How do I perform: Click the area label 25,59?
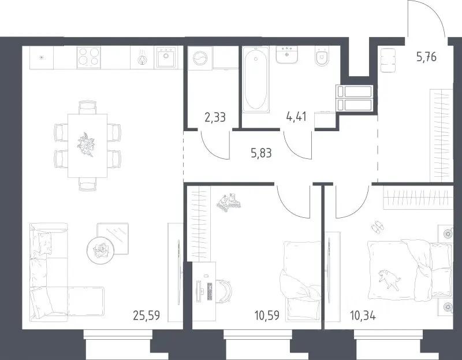pos(147,316)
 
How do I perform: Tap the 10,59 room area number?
pos(267,316)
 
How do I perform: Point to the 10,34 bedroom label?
pos(363,316)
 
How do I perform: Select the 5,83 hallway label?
pos(261,153)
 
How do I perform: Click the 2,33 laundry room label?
pos(215,117)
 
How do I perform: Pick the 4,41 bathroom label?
pos(296,117)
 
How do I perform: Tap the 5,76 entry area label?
pos(426,57)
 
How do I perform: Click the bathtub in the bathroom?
pos(256,80)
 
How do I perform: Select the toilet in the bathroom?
pos(321,56)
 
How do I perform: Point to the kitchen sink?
pos(166,57)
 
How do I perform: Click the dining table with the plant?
pos(88,146)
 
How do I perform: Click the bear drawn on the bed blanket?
pos(389,277)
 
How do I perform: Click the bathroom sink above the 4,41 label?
pos(286,54)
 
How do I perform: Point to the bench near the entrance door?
pos(388,60)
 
